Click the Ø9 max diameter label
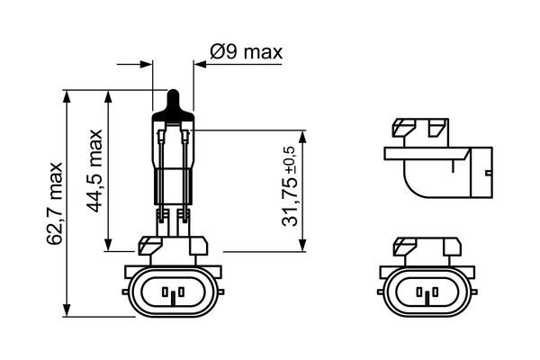(246, 52)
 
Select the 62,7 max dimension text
(56, 203)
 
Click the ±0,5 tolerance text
(289, 158)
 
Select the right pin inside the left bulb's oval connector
(179, 292)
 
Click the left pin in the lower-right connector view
(418, 292)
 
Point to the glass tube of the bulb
(175, 162)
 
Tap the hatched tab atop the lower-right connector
(410, 244)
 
